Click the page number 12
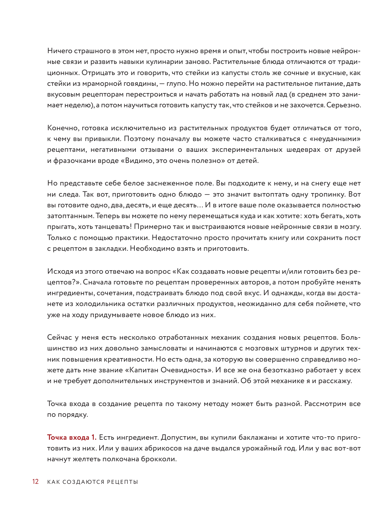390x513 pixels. pyautogui.click(x=35, y=482)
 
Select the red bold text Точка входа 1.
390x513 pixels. pyautogui.click(x=72, y=437)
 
